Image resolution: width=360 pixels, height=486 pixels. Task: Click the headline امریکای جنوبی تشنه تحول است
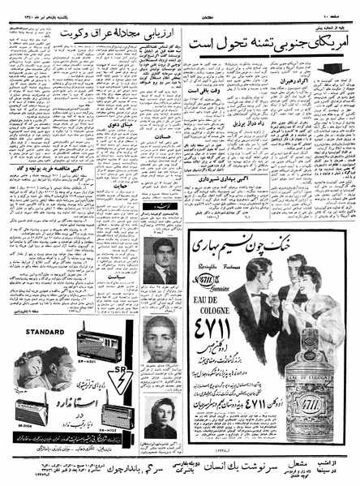point(268,42)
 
